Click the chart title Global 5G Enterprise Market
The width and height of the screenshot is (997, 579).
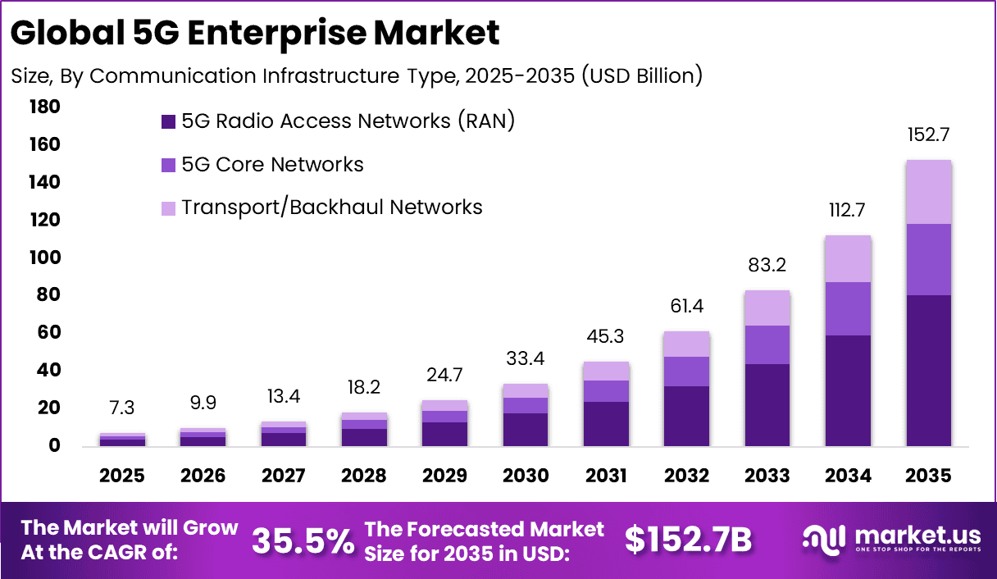click(x=255, y=34)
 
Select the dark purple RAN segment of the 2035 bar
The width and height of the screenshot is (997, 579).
click(x=928, y=370)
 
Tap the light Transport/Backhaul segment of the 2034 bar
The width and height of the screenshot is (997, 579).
click(x=848, y=259)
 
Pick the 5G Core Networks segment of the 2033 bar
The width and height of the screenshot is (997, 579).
click(x=767, y=344)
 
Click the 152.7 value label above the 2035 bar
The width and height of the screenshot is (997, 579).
click(x=928, y=135)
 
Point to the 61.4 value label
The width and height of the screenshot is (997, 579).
click(x=687, y=307)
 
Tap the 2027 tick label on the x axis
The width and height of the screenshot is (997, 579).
click(x=285, y=476)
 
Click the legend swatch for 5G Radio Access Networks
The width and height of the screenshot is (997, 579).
click(x=168, y=122)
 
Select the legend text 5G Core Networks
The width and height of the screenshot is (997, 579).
click(x=272, y=164)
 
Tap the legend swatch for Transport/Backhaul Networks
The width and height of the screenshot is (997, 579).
click(x=168, y=208)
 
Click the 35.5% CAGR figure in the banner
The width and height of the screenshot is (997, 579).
click(x=303, y=540)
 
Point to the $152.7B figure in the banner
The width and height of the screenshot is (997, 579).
click(x=688, y=540)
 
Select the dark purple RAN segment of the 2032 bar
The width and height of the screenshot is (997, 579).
click(x=687, y=416)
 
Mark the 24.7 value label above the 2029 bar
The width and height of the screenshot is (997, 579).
click(x=445, y=376)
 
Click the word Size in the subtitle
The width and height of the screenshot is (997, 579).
click(x=30, y=75)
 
